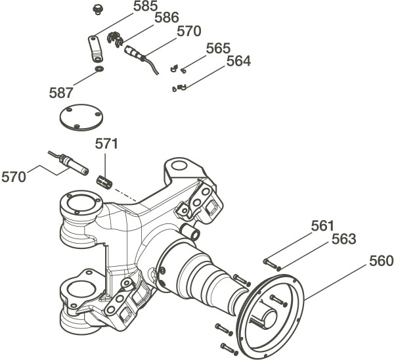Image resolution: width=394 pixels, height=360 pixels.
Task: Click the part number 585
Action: (144, 7)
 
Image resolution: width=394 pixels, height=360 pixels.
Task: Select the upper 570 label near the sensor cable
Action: (188, 31)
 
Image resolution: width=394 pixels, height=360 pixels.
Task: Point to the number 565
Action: (218, 49)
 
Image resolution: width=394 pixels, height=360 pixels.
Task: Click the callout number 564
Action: (238, 61)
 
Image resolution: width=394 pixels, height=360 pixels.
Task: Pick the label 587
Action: (62, 92)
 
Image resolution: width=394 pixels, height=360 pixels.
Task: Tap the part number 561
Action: (322, 225)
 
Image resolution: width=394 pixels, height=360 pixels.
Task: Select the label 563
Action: (343, 238)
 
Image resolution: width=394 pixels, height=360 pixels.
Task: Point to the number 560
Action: (380, 261)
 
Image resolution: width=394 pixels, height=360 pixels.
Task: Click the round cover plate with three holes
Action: (79, 119)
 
